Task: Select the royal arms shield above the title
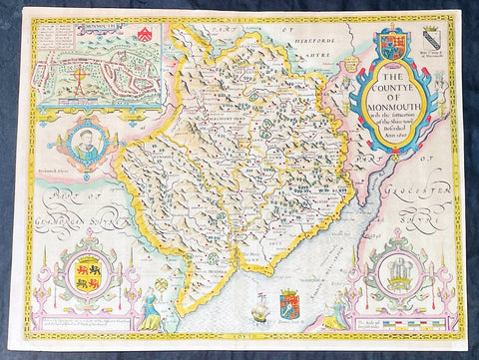[x=390, y=46]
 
